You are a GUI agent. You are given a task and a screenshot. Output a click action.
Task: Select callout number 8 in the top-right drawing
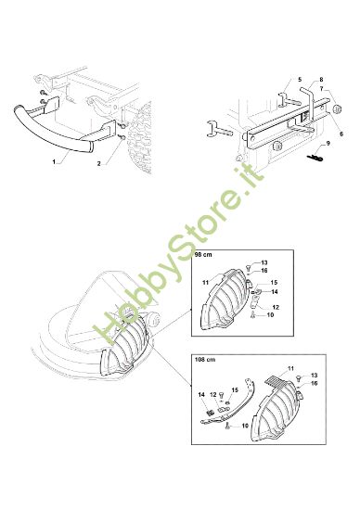(320, 80)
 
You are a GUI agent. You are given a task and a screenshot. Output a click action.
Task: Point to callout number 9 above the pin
(328, 146)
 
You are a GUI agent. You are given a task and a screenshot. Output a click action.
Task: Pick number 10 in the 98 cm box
(271, 315)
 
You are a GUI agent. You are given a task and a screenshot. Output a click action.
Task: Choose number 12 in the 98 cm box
(276, 307)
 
